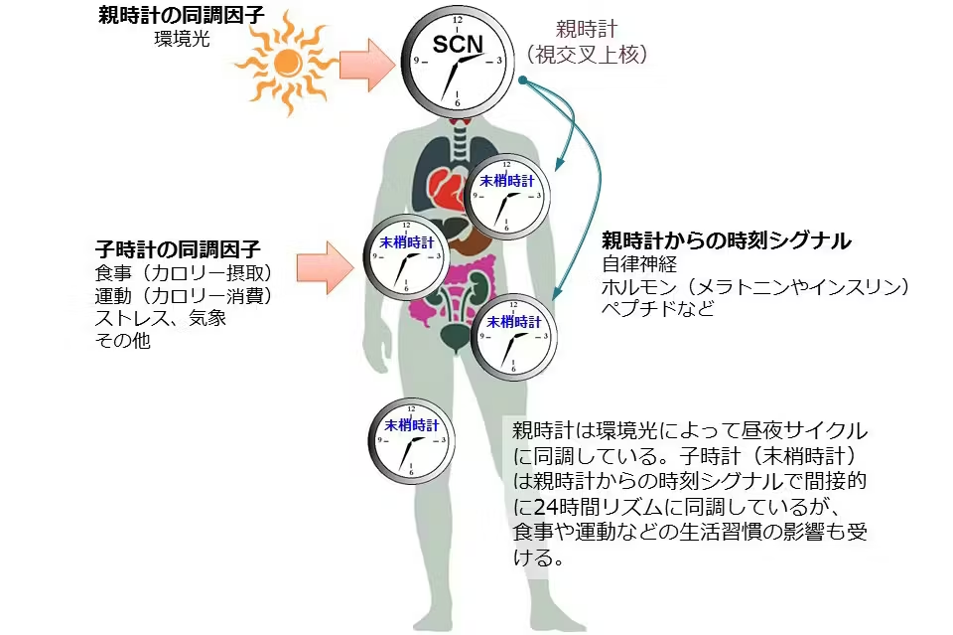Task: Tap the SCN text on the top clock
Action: [458, 44]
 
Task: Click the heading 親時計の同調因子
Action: [181, 15]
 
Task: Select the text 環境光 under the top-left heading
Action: [183, 39]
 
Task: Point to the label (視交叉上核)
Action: [587, 55]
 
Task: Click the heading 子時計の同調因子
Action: [178, 248]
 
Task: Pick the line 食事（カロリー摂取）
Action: [183, 272]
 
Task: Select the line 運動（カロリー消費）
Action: [183, 295]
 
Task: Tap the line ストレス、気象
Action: [161, 318]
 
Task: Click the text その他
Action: [122, 340]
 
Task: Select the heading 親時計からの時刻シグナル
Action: [727, 240]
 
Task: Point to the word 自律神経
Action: [639, 264]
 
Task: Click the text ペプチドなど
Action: [657, 308]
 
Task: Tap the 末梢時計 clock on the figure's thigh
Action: [411, 440]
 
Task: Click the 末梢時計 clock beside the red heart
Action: [507, 196]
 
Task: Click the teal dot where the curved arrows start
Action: [523, 80]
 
